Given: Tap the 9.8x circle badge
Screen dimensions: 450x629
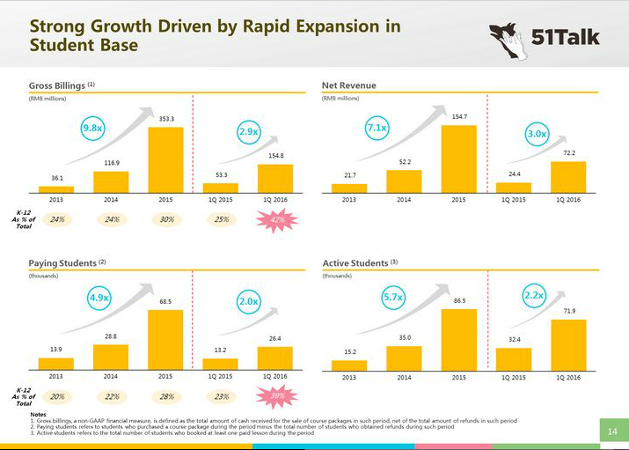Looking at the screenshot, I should (x=92, y=129).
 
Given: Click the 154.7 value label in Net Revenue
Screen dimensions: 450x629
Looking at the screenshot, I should (x=458, y=116).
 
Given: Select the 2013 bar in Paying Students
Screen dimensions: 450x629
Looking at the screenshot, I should (x=56, y=363).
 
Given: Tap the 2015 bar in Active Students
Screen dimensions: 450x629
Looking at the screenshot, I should (x=458, y=340).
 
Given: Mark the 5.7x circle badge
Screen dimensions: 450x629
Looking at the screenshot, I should (x=392, y=298).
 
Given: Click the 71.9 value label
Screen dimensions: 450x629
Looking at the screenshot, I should (x=568, y=311).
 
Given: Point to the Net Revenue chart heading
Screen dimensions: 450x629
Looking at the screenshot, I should (x=349, y=85).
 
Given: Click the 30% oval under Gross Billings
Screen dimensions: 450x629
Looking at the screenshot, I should (x=166, y=219).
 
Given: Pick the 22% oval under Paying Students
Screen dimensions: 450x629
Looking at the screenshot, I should (x=112, y=397).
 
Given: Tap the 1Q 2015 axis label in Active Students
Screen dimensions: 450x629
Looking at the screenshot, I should (x=513, y=378).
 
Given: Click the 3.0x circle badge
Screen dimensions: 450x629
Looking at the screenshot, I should (x=537, y=135).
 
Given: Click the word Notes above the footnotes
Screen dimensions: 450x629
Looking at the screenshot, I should (x=39, y=414).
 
